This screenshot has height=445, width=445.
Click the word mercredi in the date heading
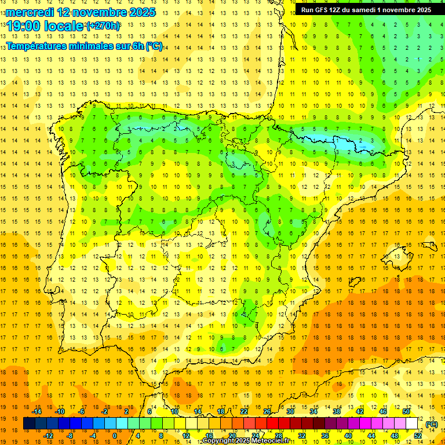[30, 12]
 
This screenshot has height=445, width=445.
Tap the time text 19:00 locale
[45, 26]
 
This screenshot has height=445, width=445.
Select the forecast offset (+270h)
[103, 25]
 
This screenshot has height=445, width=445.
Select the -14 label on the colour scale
[37, 411]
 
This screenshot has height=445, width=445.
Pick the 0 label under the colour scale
[115, 436]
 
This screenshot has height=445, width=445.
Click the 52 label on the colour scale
[418, 436]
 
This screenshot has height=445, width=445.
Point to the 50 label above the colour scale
[406, 411]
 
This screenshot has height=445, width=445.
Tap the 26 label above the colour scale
[267, 411]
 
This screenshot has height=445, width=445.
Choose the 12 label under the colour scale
[186, 436]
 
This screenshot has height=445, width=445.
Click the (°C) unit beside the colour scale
[432, 424]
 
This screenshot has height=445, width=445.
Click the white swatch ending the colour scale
[412, 424]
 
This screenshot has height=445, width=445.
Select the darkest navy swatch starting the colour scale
[29, 424]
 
